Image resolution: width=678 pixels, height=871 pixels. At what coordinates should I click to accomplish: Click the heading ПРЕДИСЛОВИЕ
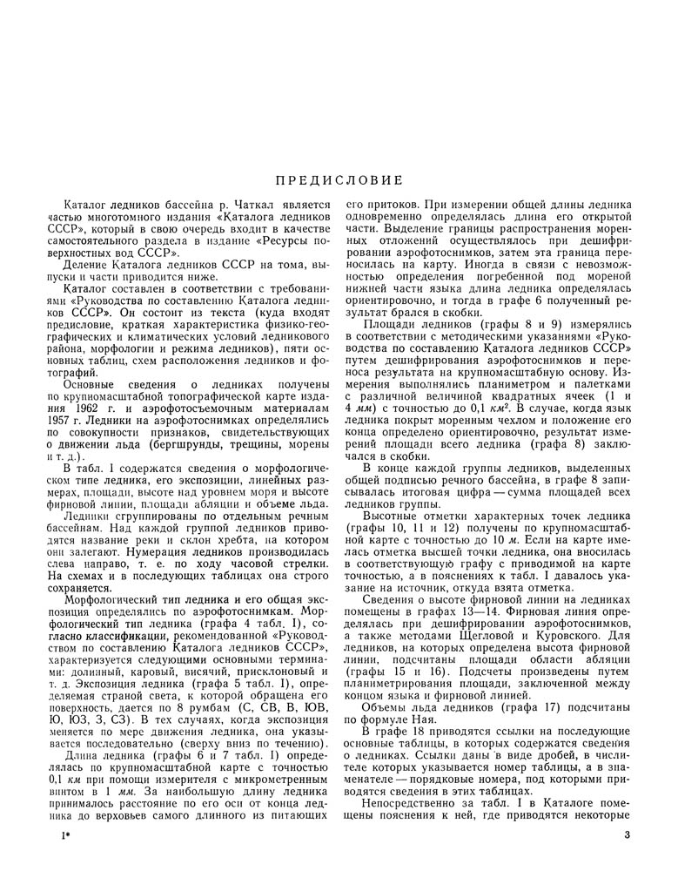coord(339,181)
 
